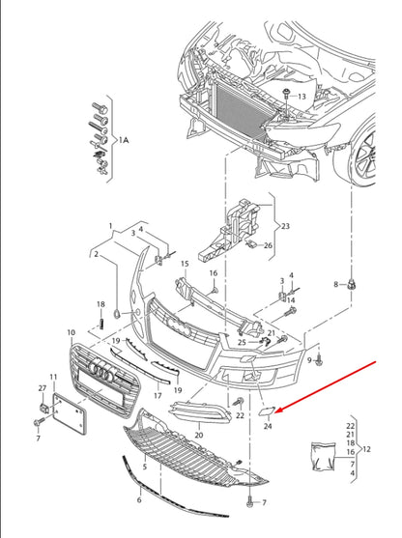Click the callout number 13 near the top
click(x=301, y=98)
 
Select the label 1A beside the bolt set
click(x=123, y=141)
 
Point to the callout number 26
click(x=269, y=245)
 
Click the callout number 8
click(x=337, y=285)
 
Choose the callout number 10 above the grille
click(x=72, y=332)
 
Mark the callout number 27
click(x=43, y=388)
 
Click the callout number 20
click(x=199, y=436)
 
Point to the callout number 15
click(x=184, y=263)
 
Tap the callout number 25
click(x=242, y=341)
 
